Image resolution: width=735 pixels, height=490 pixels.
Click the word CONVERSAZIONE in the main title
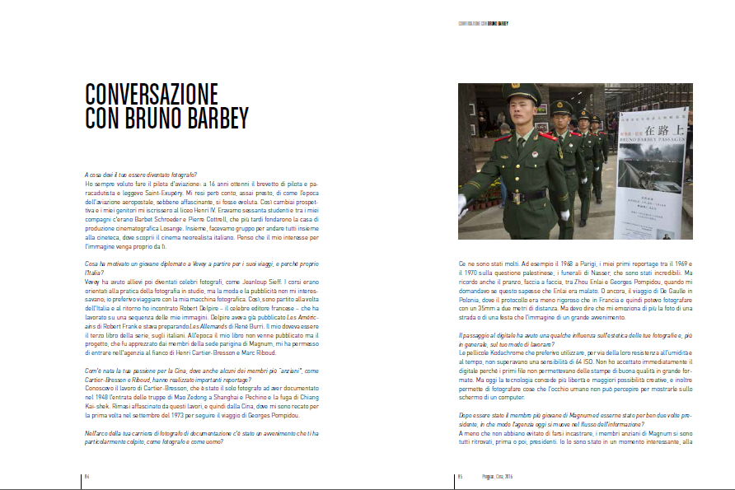(152, 93)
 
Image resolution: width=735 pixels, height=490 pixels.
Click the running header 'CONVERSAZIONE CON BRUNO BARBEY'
(483, 23)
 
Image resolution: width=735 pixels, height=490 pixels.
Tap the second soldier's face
(561, 121)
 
